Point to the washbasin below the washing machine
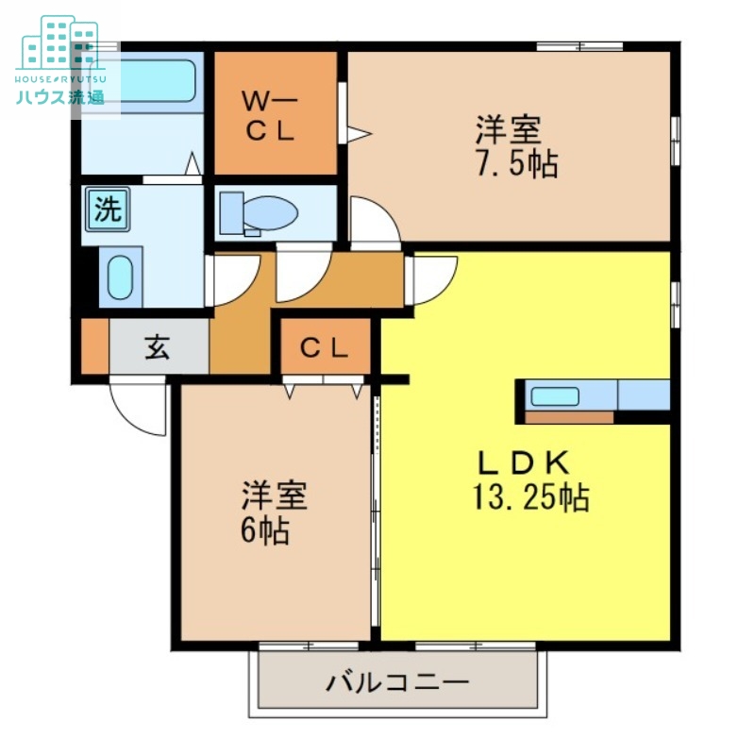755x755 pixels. (120, 276)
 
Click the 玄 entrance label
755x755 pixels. (157, 348)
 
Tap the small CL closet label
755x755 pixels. (324, 348)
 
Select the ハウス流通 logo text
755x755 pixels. (59, 96)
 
